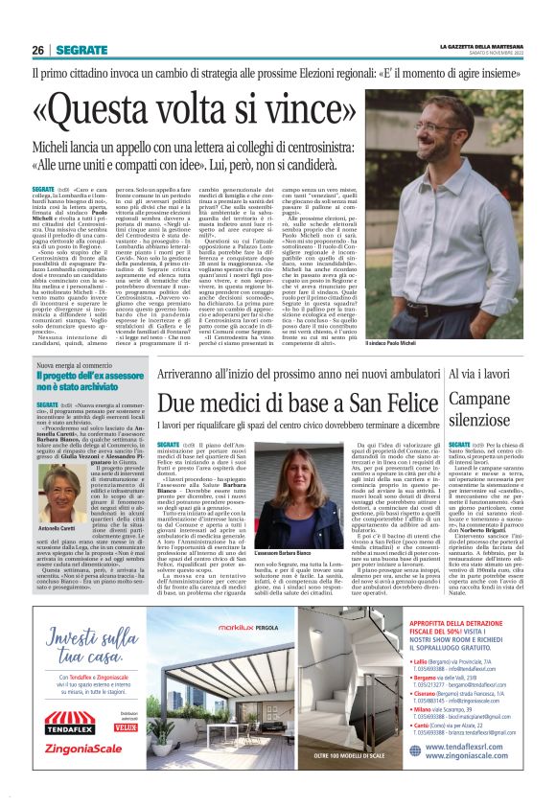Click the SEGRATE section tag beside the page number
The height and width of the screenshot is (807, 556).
click(81, 50)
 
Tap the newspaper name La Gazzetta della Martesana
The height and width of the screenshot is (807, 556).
click(479, 46)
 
